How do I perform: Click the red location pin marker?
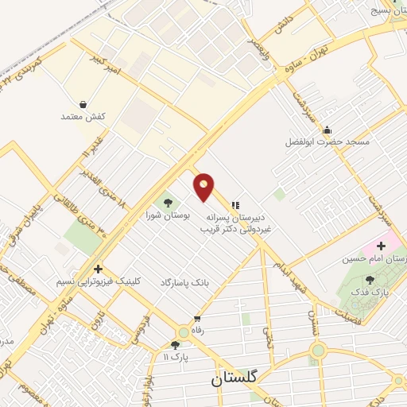[204, 186]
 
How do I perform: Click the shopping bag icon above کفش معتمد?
[83, 104]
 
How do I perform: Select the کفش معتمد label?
[83, 117]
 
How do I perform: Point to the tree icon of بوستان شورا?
[167, 202]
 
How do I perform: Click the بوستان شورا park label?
[165, 215]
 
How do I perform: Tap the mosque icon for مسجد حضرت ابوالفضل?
[328, 130]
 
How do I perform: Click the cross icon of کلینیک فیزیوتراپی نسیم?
[98, 269]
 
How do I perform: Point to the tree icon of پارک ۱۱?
[175, 345]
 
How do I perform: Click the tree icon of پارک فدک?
[370, 280]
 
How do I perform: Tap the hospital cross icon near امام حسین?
[381, 246]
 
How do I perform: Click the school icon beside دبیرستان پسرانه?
[235, 204]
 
